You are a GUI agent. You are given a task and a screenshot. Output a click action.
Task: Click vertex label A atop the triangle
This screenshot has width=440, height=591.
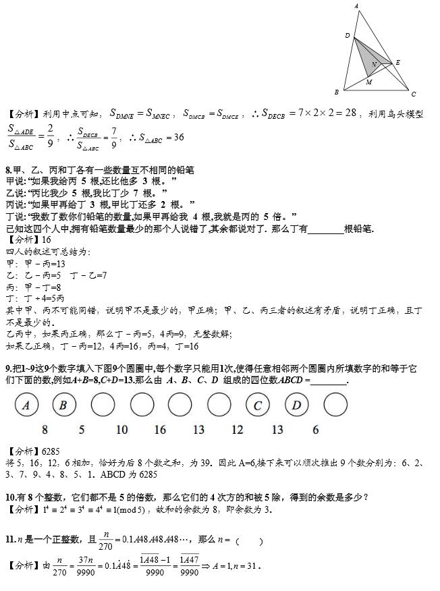pos(356,6)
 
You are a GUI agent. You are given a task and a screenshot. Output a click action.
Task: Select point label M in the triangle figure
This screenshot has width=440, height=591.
pos(368,82)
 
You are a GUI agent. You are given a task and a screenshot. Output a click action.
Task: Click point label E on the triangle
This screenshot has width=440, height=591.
pos(398,63)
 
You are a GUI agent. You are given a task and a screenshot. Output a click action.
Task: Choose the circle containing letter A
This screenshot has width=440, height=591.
pos(26,405)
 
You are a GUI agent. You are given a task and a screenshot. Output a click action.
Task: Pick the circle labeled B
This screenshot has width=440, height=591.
pos(63,405)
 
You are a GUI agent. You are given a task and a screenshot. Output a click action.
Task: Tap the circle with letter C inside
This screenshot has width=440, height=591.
pos(258,405)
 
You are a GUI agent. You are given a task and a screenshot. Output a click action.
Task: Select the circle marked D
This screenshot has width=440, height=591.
pos(296,405)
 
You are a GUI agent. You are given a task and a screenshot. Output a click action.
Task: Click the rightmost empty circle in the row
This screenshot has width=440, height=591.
pos(335,405)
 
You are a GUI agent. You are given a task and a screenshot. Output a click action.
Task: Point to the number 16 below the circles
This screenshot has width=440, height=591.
pos(160,430)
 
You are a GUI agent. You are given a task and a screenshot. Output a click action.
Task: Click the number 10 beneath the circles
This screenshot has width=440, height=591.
pos(121,430)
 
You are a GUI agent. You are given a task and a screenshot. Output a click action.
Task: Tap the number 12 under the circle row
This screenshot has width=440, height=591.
pos(238,430)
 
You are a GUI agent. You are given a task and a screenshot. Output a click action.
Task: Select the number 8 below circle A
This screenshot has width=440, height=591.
pos(45,430)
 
